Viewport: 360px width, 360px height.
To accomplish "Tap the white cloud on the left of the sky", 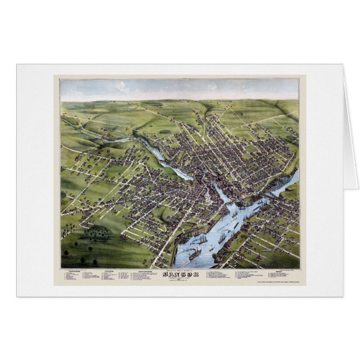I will point(122,86).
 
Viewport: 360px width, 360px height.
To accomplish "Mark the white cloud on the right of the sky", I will point(212,87).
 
